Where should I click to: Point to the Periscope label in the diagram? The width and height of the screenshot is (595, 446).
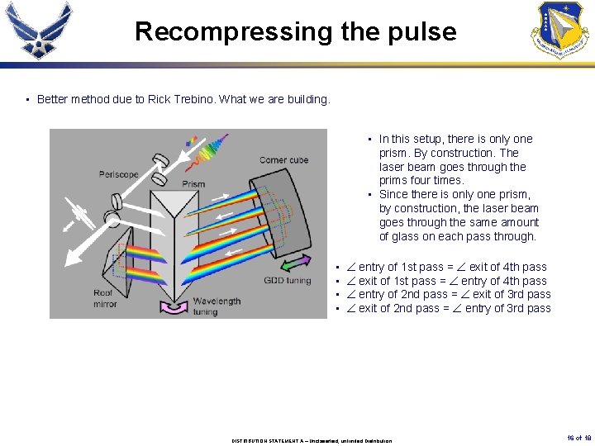118,174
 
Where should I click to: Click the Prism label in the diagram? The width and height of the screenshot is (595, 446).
193,183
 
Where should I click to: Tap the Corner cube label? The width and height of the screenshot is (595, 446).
283,160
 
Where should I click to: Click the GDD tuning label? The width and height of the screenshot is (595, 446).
287,281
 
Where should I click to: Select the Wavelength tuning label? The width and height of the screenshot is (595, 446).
217,306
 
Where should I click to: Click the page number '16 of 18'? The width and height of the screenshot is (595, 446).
580,438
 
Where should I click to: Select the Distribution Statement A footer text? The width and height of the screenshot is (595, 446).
312,440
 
